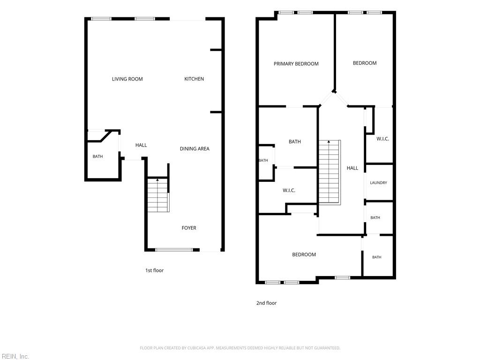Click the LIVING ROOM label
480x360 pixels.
click(127, 79)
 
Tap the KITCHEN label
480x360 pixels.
click(194, 79)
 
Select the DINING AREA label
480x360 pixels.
click(195, 149)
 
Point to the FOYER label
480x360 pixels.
click(189, 228)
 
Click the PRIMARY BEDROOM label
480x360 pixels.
click(296, 64)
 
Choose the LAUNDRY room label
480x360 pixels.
click(378, 183)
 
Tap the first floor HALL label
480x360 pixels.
click(141, 145)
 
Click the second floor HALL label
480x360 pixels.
click(352, 168)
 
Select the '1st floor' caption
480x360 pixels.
click(154, 270)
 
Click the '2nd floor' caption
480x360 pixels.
click(266, 303)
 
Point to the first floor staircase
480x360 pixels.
click(158, 195)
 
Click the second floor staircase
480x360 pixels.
click(330, 172)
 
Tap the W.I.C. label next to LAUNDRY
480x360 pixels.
click(382, 139)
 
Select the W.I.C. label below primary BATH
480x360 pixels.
click(289, 190)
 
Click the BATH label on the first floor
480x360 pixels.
click(97, 157)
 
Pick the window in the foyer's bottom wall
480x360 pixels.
click(174, 250)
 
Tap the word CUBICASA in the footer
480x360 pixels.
click(196, 348)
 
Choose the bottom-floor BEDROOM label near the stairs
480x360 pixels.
click(304, 255)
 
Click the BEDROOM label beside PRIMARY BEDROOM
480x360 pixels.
click(365, 63)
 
